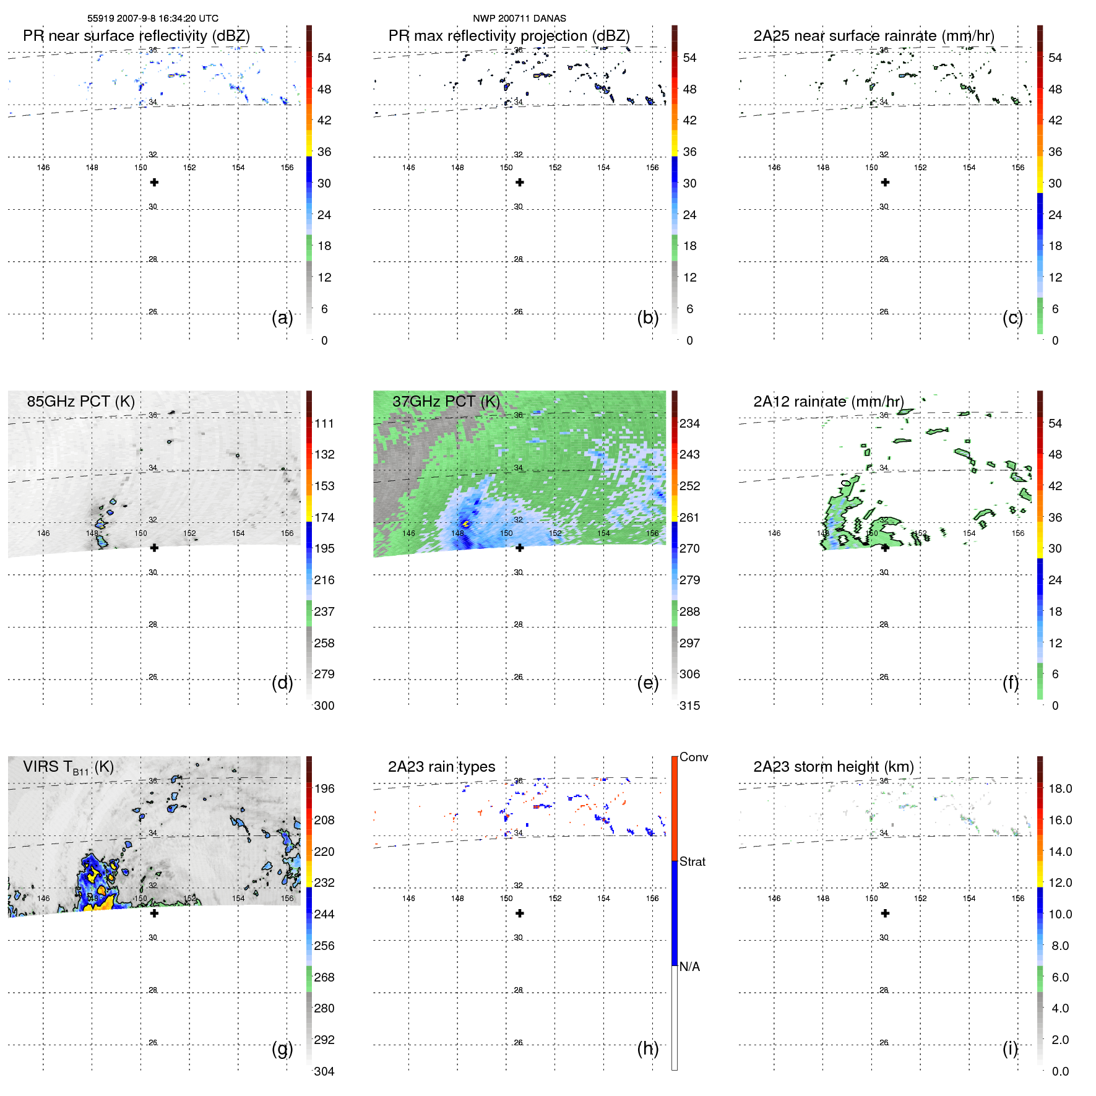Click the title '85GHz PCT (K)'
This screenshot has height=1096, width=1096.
tap(80, 402)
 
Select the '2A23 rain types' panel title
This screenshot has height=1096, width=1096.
tap(441, 767)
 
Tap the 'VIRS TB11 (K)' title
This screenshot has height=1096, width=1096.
tap(68, 767)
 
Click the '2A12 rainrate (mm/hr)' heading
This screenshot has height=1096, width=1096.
tap(828, 402)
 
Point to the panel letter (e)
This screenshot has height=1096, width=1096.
tap(647, 683)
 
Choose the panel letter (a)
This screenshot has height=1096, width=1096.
tap(282, 317)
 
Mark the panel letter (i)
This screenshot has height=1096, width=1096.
tap(1010, 1048)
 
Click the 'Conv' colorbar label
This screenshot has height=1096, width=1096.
tap(693, 757)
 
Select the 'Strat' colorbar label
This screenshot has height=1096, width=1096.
tap(692, 861)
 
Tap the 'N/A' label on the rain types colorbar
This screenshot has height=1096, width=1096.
tap(689, 967)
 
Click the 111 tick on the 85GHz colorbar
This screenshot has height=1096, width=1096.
tap(324, 423)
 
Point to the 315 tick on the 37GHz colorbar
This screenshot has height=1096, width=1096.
tap(689, 705)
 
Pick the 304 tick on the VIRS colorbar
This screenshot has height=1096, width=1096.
tap(324, 1071)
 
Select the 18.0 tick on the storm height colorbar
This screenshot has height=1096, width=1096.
tap(1060, 788)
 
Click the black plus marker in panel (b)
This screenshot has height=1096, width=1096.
tap(520, 183)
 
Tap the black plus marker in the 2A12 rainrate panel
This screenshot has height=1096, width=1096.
tap(885, 548)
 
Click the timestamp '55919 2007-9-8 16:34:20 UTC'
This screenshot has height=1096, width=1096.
tap(152, 19)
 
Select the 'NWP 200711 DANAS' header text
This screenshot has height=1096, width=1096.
tap(519, 19)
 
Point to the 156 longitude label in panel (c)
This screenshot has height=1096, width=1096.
tap(1017, 168)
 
